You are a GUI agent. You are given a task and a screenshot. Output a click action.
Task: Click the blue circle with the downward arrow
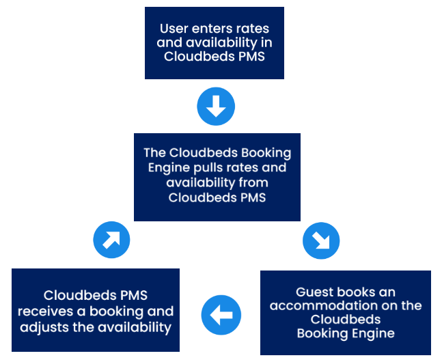[x=216, y=106]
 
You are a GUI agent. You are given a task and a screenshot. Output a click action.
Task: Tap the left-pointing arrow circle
[x=221, y=315]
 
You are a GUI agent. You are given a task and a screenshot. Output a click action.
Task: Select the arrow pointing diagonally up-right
[x=111, y=240]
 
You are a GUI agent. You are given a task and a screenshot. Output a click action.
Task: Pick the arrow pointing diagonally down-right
[x=320, y=240]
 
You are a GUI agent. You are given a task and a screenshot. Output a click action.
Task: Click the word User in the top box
[x=174, y=29]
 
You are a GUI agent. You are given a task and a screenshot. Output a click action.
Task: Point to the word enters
[x=212, y=29]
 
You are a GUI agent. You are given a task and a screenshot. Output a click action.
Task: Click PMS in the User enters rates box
[x=252, y=57]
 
